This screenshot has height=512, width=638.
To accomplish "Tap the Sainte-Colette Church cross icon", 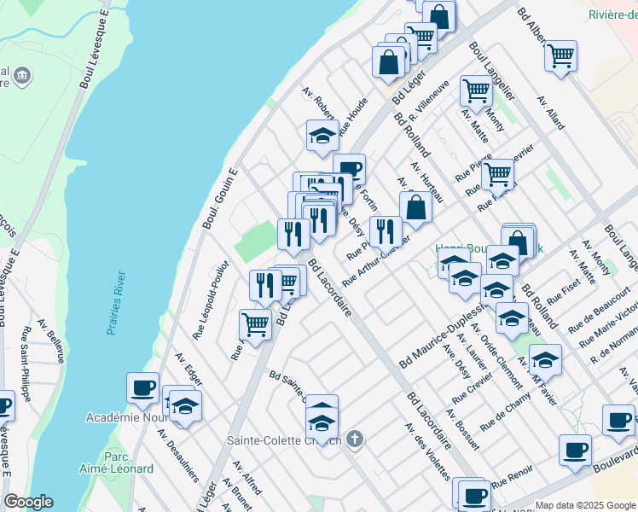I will (355, 440).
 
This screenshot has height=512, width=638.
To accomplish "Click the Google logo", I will (28, 501).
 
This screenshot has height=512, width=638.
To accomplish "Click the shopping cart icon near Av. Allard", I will (560, 56).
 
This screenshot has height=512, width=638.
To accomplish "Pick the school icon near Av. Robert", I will (322, 135).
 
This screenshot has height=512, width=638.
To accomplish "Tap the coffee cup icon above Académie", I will (142, 387).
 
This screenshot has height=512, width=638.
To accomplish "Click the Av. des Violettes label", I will (426, 451).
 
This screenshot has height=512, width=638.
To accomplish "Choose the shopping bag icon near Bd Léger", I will (388, 61).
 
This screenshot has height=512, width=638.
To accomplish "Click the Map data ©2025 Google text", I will (585, 505).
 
